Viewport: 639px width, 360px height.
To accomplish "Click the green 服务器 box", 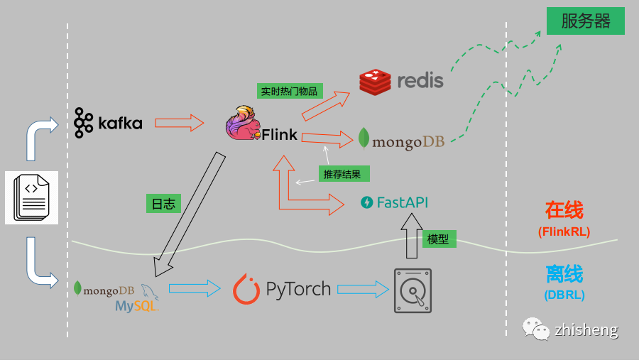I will pyautogui.click(x=585, y=21).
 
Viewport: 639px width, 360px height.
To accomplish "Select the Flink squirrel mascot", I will pyautogui.click(x=243, y=124).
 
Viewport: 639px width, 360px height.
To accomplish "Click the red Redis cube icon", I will pyautogui.click(x=375, y=82).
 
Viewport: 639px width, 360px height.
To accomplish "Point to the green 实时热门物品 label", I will pyautogui.click(x=289, y=91).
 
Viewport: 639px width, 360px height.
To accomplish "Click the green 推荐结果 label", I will pyautogui.click(x=344, y=173).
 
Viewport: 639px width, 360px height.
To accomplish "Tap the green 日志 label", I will pyautogui.click(x=163, y=204).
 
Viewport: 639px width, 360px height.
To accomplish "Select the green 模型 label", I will pyautogui.click(x=438, y=239).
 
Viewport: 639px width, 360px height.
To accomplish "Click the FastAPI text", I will pyautogui.click(x=402, y=202).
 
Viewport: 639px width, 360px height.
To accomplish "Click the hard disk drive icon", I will pyautogui.click(x=413, y=290).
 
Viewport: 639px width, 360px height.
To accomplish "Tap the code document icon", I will pyautogui.click(x=31, y=197).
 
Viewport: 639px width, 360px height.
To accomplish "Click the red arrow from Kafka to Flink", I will pyautogui.click(x=179, y=123).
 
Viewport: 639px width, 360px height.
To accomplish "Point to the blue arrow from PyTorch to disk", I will pyautogui.click(x=363, y=289).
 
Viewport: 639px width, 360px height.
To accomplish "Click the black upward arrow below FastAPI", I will pyautogui.click(x=411, y=236).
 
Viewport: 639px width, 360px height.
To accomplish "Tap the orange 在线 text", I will pyautogui.click(x=564, y=210).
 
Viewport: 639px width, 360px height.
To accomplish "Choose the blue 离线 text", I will pyautogui.click(x=564, y=274).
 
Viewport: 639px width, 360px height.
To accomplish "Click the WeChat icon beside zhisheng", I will pyautogui.click(x=536, y=329).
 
